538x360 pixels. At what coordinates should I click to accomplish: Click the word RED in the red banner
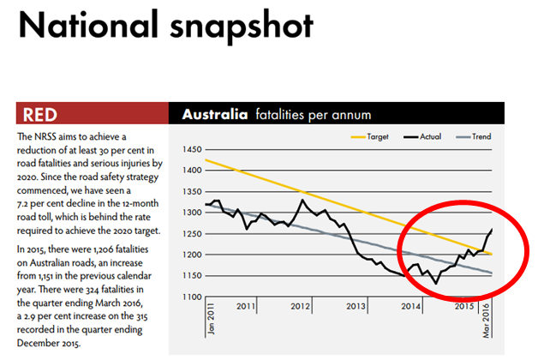point(41,115)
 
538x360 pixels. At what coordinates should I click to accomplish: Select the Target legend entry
point(378,136)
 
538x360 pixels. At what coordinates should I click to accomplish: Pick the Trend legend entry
point(479,136)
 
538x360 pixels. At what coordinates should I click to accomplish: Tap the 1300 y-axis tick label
point(192,213)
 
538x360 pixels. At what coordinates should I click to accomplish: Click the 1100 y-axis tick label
point(192,297)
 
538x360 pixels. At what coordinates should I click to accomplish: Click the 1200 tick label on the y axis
point(192,255)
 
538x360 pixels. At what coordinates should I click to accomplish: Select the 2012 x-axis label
point(301,306)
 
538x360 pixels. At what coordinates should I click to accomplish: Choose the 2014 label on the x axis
point(410,306)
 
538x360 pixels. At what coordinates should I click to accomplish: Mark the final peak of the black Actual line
point(493,229)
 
